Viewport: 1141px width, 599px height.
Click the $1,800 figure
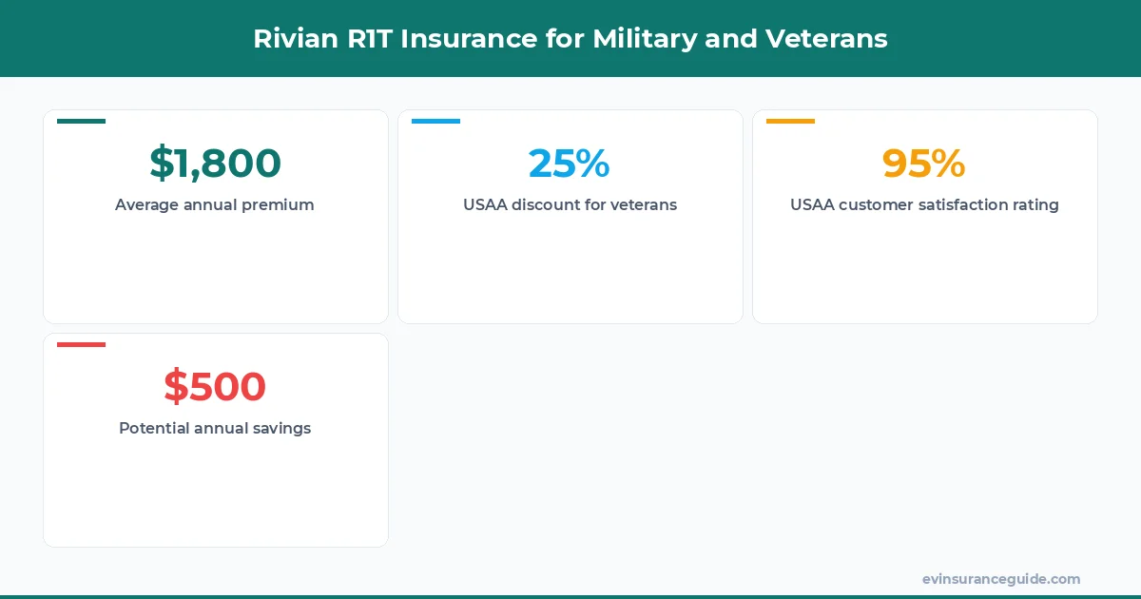(x=215, y=164)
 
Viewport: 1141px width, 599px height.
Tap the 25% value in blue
(x=570, y=164)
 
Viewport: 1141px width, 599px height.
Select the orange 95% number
(x=923, y=164)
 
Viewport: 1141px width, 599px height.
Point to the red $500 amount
(x=215, y=387)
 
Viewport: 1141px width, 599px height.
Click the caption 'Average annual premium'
(x=215, y=204)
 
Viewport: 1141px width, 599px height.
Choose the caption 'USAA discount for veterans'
(x=570, y=204)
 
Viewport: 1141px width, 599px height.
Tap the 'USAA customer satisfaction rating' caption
(x=924, y=204)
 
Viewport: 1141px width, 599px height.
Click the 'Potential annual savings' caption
(x=215, y=428)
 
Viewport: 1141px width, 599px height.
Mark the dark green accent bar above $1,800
(x=81, y=121)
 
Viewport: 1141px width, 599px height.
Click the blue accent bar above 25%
(x=435, y=121)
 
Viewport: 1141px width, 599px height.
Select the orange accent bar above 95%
(x=790, y=121)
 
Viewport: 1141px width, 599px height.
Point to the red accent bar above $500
(x=81, y=344)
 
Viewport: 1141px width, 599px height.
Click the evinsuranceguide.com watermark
(x=1000, y=579)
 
